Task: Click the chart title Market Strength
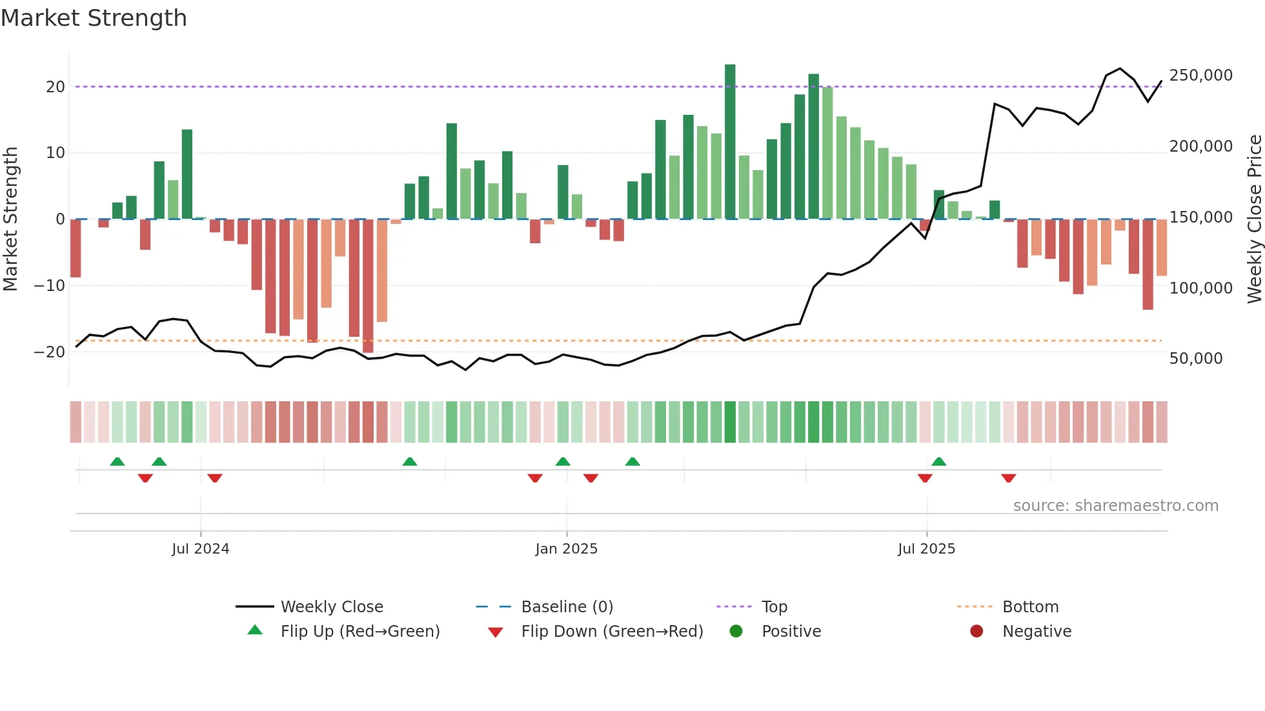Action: coord(94,18)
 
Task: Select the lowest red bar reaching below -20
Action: coord(368,287)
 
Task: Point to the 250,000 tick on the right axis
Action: coord(1200,75)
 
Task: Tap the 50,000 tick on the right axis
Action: coord(1195,359)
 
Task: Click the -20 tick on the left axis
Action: coord(50,352)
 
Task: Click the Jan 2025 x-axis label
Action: coord(566,549)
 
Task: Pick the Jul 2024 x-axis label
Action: coord(200,549)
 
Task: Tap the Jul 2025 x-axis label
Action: coord(926,549)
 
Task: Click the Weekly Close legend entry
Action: coord(331,607)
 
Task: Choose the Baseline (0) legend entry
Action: coord(567,607)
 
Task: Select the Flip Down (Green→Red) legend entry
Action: coord(611,632)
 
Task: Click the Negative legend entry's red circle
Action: coord(977,632)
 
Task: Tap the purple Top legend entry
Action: coord(774,607)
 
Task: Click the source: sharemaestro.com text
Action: coord(1115,506)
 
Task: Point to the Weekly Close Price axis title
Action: coord(1254,219)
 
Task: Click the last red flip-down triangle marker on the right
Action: coord(1009,478)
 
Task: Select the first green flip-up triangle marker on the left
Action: coord(117,461)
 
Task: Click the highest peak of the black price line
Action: coord(1120,68)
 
